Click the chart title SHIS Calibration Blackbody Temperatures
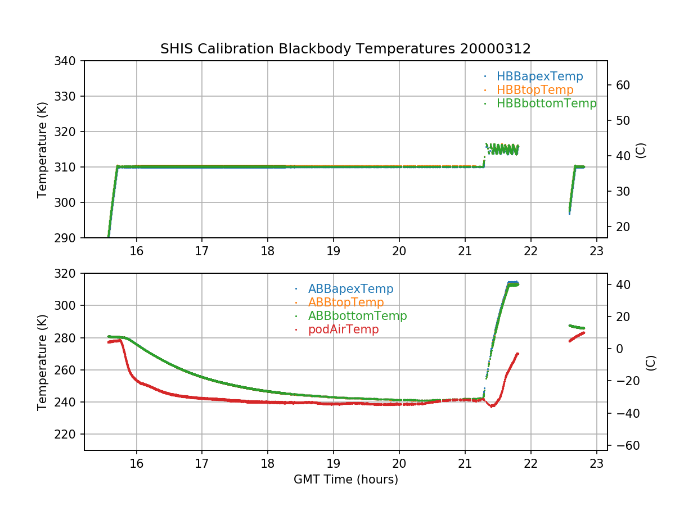coord(345,49)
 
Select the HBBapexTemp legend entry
coord(539,76)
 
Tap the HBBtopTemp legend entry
coord(535,90)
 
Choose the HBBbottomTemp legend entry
coord(546,103)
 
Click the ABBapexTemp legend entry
coord(350,289)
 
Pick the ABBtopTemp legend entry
coord(346,302)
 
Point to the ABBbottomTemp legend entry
coord(357,316)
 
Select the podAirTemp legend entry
coord(343,329)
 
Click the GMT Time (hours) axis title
coord(345,480)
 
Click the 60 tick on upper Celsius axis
coord(623,85)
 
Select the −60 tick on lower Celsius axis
coord(625,446)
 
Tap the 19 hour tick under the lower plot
coord(334,464)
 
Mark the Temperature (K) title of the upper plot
coord(42,149)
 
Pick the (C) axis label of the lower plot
coord(651,362)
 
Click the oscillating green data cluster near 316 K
coord(502,149)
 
